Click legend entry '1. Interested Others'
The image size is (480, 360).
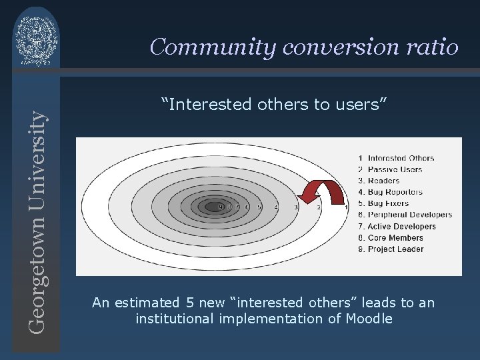pos(396,158)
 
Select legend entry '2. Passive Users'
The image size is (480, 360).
pos(390,169)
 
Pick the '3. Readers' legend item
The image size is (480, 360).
pos(379,181)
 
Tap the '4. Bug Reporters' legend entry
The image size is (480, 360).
pos(390,192)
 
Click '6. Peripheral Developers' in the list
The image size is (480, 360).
pos(405,215)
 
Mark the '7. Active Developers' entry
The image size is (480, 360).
pos(397,227)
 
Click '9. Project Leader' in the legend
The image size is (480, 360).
pos(391,249)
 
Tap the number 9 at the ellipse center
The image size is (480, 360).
pos(221,207)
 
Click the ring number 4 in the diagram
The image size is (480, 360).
pos(276,207)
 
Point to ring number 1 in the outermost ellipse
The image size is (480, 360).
pos(345,207)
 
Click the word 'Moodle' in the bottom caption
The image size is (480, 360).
pos(369,319)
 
